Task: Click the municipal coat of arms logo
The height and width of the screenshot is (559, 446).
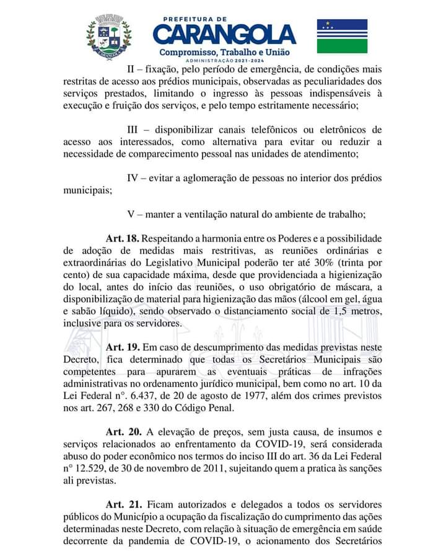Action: click(109, 37)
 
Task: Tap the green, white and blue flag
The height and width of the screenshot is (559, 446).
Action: click(342, 36)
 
